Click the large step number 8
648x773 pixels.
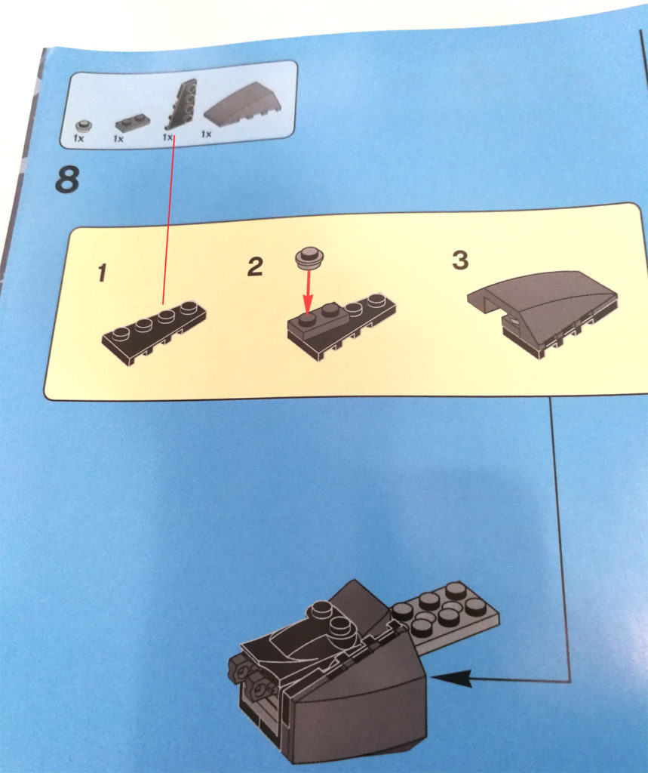click(67, 180)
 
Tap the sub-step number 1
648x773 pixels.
click(102, 273)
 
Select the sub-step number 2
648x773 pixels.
click(255, 266)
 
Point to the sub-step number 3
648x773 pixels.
click(460, 260)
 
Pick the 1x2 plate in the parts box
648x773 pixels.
click(130, 123)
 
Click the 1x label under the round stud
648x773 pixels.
click(78, 139)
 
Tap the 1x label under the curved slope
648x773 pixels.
click(206, 134)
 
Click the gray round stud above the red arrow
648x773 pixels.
click(309, 257)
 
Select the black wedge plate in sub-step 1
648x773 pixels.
click(154, 332)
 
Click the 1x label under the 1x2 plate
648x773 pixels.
click(118, 139)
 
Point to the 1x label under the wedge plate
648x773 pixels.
click(167, 137)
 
